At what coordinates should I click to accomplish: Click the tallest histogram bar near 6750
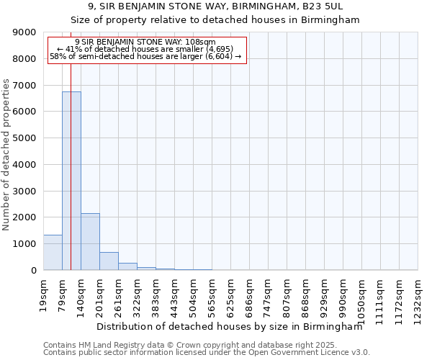71,180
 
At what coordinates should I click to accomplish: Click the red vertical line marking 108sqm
71,144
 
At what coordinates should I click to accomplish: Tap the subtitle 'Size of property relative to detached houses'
215,20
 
